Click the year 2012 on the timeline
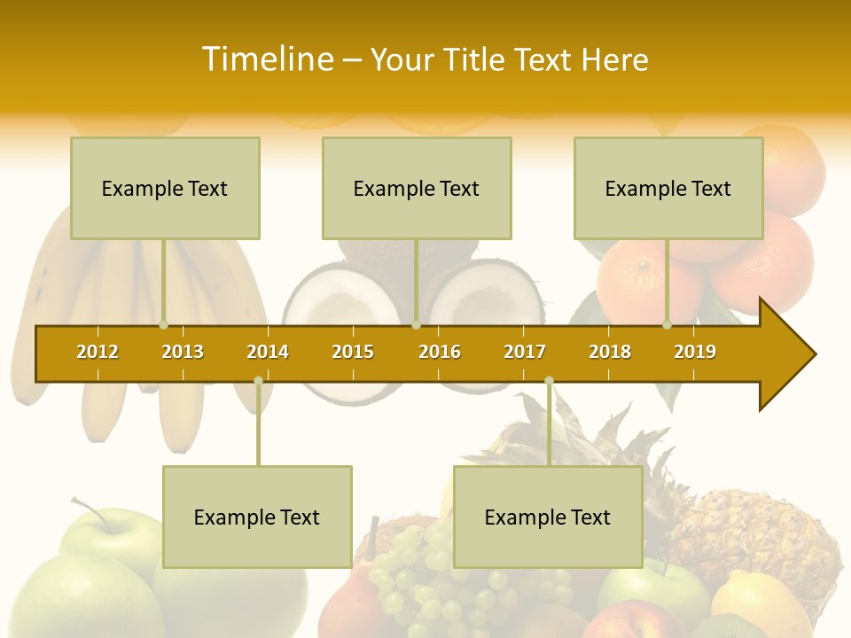98,352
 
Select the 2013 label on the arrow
183,352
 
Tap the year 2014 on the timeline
268,352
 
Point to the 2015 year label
353,352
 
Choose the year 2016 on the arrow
440,352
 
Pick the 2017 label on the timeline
525,352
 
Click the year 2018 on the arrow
610,352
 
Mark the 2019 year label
695,352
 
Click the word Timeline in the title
267,59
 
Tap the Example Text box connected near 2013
165,188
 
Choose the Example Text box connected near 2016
417,188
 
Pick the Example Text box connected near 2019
668,188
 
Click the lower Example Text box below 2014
257,517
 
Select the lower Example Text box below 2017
548,517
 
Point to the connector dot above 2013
164,325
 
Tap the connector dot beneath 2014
258,380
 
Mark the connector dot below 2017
549,380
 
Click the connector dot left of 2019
668,325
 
